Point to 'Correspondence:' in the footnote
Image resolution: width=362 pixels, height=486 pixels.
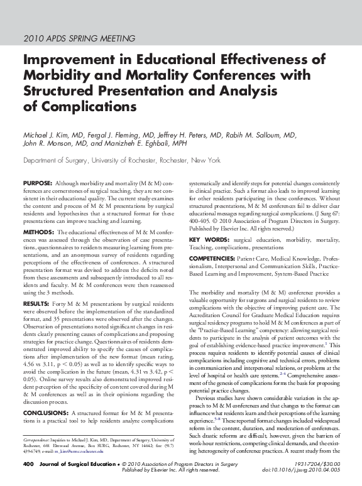(x=36, y=425)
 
